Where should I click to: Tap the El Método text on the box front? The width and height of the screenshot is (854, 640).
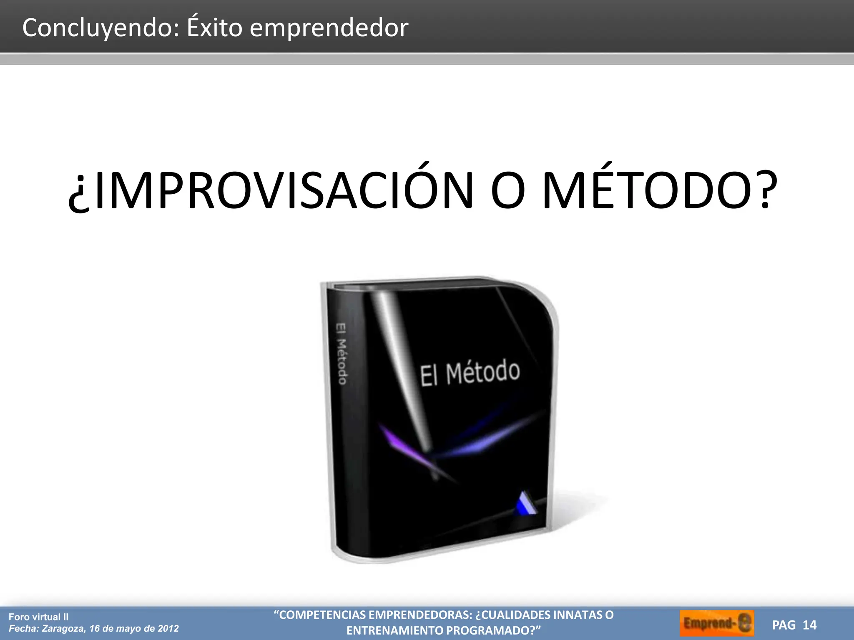(470, 373)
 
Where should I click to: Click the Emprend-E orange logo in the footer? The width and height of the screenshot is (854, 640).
(717, 623)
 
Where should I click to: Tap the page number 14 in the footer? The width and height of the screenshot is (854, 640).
(809, 625)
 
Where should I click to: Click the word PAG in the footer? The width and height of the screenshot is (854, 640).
(784, 625)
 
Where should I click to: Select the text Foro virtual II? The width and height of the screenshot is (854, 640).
(38, 617)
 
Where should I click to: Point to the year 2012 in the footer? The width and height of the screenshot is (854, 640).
(168, 629)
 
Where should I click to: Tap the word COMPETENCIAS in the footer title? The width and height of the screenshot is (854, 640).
(322, 615)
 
